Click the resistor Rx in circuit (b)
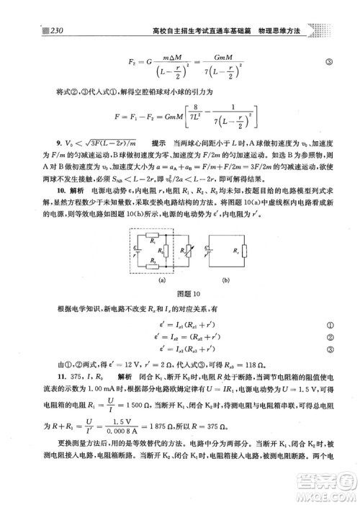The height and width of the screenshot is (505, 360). click(240, 251)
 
